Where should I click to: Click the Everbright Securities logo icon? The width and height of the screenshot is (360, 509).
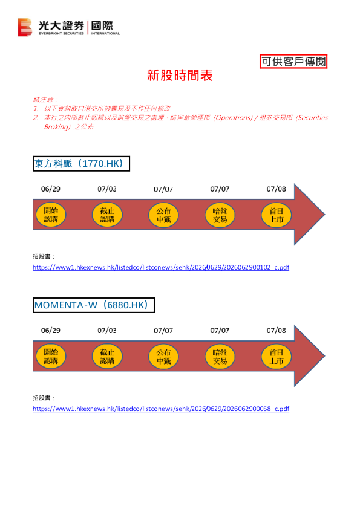(25, 27)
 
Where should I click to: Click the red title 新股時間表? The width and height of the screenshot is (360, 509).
(180, 76)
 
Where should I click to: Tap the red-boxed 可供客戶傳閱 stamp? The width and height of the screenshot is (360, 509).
(293, 61)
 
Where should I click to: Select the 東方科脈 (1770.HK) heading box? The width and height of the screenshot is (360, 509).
(81, 164)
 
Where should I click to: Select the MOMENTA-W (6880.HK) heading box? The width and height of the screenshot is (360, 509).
(94, 305)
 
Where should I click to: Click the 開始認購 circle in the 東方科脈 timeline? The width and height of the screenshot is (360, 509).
(51, 215)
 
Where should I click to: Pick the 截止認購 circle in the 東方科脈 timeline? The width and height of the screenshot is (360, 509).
(107, 215)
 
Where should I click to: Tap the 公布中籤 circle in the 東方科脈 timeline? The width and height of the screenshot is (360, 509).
(163, 215)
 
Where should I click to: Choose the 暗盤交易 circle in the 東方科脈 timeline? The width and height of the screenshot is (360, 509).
(220, 215)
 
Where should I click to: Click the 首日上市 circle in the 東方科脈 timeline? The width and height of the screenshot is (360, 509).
(277, 215)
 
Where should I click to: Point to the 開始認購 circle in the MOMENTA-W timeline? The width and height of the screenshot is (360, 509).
(51, 357)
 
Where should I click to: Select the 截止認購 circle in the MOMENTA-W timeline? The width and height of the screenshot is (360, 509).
(107, 357)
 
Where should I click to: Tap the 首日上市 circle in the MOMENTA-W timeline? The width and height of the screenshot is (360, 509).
(277, 357)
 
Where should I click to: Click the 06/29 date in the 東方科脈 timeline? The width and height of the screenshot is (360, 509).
(51, 189)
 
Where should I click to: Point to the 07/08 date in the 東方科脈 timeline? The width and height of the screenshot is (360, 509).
(276, 189)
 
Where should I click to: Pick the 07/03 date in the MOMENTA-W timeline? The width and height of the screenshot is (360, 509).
(107, 331)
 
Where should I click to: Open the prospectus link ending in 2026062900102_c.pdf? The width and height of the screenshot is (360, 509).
(161, 267)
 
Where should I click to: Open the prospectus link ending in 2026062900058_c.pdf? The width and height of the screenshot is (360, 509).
(161, 409)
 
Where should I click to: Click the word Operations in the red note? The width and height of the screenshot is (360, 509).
(233, 118)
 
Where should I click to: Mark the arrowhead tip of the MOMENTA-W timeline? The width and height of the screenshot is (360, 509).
(324, 356)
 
